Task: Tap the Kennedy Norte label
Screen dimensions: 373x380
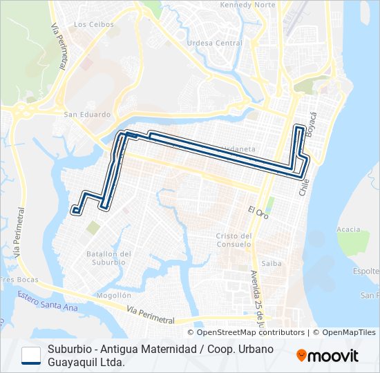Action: [247, 5]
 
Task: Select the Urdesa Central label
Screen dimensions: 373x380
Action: [215, 42]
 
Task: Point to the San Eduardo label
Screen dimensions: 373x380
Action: [86, 115]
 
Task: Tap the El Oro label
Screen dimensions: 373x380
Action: [257, 209]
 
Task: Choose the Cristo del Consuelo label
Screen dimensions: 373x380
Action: [233, 240]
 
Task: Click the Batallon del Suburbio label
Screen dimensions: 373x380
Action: [106, 258]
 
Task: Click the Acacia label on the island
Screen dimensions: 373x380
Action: [348, 229]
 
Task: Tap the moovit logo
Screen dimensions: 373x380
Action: [327, 356]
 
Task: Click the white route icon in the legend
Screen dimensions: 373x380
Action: [31, 355]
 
